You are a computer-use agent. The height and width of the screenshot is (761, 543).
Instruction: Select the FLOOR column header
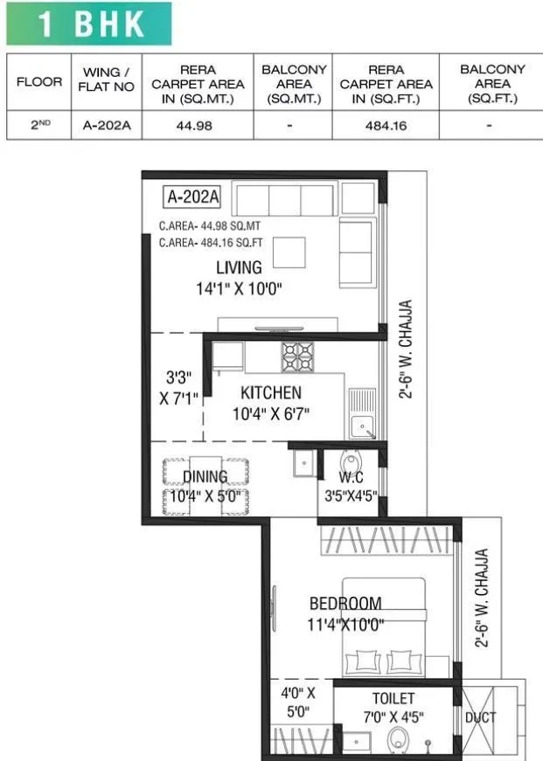39,82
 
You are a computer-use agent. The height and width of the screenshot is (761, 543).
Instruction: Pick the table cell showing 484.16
386,125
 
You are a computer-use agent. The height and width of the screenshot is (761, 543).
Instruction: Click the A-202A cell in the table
107,125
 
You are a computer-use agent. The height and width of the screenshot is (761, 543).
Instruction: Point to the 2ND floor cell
39,125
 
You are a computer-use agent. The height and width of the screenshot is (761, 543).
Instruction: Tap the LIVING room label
239,268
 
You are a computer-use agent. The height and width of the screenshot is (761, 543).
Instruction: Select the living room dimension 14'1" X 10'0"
239,288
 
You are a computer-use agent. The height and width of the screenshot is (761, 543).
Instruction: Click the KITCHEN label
271,393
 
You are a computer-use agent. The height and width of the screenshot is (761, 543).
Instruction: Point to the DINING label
205,476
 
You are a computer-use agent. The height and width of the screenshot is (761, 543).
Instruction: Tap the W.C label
350,477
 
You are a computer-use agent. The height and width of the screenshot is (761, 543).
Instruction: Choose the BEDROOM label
345,603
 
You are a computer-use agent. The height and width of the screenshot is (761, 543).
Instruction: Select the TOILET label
393,698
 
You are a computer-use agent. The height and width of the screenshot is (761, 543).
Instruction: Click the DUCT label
481,717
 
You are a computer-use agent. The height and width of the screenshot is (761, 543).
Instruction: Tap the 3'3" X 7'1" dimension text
179,388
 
